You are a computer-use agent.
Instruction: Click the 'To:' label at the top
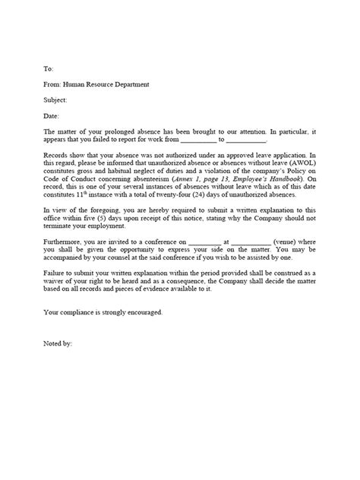(x=49, y=68)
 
